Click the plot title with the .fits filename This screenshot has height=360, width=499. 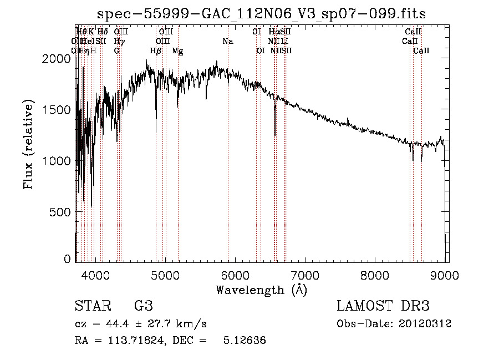pos(261,14)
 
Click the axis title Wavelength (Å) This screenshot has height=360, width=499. pos(261,289)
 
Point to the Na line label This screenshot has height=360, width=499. pos(228,42)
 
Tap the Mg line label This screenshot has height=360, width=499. pos(177,51)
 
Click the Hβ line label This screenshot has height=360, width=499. pos(156,51)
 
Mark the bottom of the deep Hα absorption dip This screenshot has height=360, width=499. pos(275,134)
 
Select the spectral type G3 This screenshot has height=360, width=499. pos(143,306)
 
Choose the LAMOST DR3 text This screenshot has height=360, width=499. pos(383,306)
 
